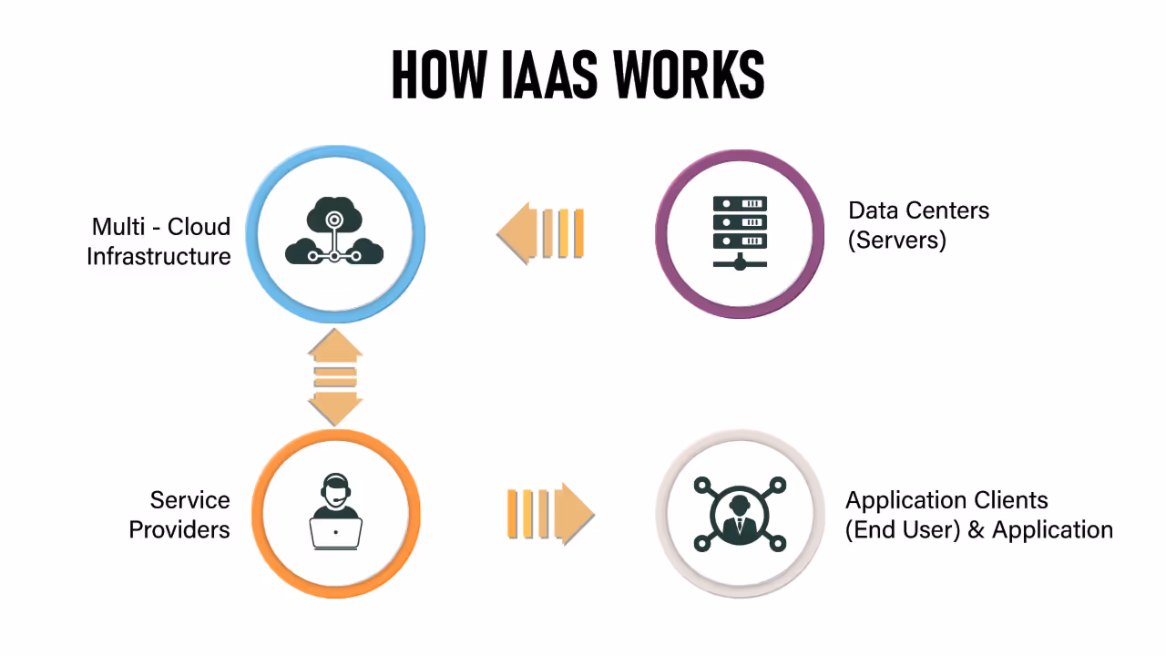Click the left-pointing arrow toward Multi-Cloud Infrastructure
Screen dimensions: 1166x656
(x=541, y=233)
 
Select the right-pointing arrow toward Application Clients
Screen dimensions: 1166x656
(x=549, y=513)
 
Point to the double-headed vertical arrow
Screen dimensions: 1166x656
(x=335, y=377)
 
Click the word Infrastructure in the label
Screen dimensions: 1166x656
(x=159, y=256)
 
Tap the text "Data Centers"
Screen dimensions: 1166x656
(x=918, y=210)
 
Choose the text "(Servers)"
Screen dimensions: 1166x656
(x=897, y=240)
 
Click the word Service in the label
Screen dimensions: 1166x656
(x=189, y=500)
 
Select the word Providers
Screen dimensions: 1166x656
(x=179, y=529)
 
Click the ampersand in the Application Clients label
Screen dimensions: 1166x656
(x=977, y=529)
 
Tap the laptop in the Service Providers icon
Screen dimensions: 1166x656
(x=336, y=532)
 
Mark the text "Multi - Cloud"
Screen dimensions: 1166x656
(x=161, y=226)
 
